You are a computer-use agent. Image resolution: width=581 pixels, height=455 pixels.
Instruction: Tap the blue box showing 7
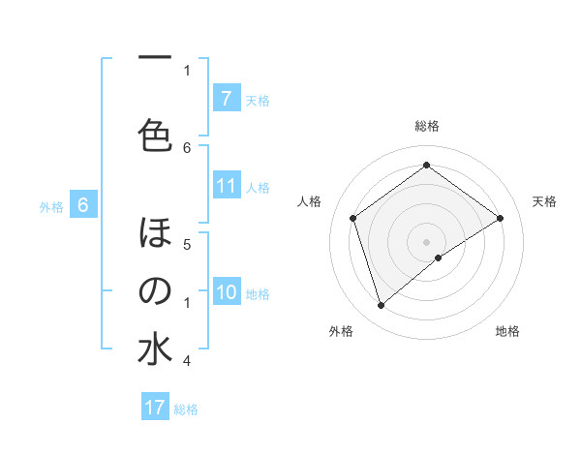pyautogui.click(x=226, y=98)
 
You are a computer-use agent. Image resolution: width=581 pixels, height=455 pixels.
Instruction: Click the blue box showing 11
pyautogui.click(x=226, y=186)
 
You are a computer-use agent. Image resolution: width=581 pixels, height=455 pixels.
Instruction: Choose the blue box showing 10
pyautogui.click(x=226, y=292)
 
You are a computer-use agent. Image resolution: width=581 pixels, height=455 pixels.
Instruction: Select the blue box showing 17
pyautogui.click(x=155, y=408)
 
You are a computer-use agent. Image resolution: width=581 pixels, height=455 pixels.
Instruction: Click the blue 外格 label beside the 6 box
pyautogui.click(x=51, y=206)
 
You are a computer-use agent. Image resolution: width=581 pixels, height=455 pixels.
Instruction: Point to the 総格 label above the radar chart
pyautogui.click(x=426, y=126)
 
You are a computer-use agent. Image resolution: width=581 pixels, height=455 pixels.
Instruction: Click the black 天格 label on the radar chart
pyautogui.click(x=545, y=201)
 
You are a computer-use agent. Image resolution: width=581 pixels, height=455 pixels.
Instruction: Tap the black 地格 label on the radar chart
pyautogui.click(x=507, y=331)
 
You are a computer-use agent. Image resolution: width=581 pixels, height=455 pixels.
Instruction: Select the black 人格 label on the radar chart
pyautogui.click(x=309, y=201)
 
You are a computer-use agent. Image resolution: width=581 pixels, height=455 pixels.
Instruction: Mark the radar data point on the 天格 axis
pyautogui.click(x=500, y=218)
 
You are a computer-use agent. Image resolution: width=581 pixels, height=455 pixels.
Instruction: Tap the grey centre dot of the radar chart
pyautogui.click(x=426, y=241)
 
